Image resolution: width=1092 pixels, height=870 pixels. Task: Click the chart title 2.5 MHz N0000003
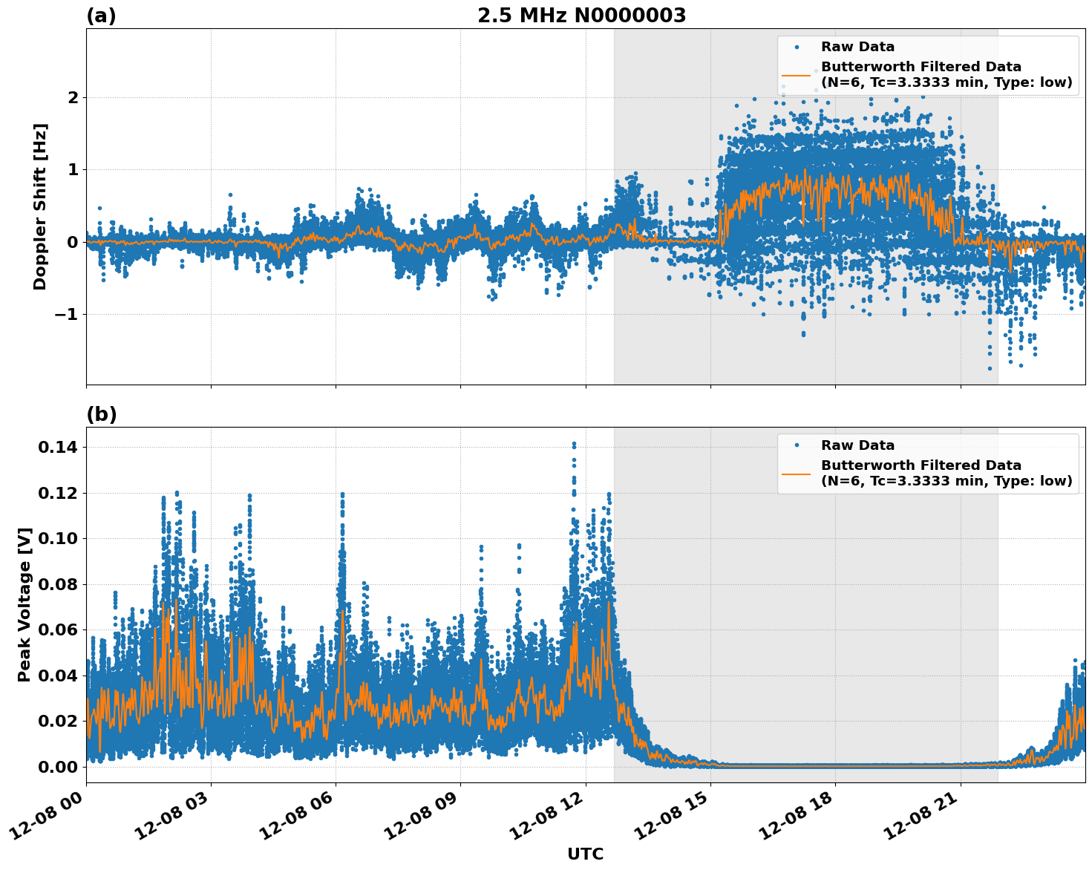pyautogui.click(x=581, y=16)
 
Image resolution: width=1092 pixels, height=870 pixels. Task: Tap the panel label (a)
pyautogui.click(x=101, y=16)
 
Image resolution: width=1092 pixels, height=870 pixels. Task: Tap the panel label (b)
pyautogui.click(x=101, y=414)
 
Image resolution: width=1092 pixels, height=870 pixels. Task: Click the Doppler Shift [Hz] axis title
pyautogui.click(x=40, y=206)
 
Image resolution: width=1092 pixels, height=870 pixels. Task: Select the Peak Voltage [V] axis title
pyautogui.click(x=24, y=604)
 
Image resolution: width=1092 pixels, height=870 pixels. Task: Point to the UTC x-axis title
pyautogui.click(x=585, y=854)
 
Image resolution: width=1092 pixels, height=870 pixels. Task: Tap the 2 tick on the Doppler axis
pyautogui.click(x=73, y=98)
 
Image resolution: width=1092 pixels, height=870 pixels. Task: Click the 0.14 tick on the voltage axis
pyautogui.click(x=58, y=447)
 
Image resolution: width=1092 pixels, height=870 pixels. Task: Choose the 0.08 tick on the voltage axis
pyautogui.click(x=58, y=584)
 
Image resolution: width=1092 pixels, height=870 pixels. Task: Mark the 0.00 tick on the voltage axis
pyautogui.click(x=58, y=767)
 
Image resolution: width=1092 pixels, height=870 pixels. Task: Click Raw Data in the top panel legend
pyautogui.click(x=857, y=47)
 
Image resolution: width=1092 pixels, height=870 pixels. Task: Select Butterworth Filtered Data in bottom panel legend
pyautogui.click(x=921, y=465)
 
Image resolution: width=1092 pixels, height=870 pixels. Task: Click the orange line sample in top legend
pyautogui.click(x=796, y=75)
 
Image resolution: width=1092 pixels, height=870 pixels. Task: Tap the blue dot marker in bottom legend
pyautogui.click(x=796, y=445)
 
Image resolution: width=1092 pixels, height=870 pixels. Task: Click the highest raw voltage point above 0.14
pyautogui.click(x=574, y=444)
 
